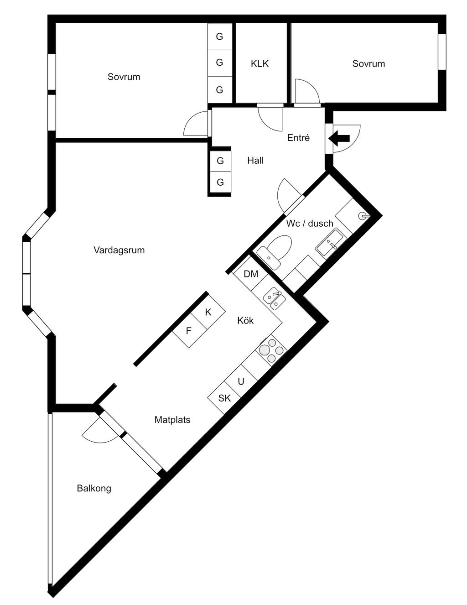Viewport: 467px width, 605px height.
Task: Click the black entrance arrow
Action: [x=339, y=138]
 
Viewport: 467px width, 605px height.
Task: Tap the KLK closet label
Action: [x=259, y=64]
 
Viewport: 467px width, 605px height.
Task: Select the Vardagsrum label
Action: [x=119, y=250]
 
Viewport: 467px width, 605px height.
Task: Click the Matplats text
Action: [x=172, y=420]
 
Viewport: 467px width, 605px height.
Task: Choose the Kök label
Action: [x=245, y=320]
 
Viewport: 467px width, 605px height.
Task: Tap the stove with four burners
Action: [x=271, y=349]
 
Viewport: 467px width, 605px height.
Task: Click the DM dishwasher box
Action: [x=251, y=274]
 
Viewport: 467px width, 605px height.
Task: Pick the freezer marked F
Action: [x=189, y=330]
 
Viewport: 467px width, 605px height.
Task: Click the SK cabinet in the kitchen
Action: [x=224, y=398]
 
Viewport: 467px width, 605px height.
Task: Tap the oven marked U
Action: [x=241, y=381]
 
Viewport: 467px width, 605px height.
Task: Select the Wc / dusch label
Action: [x=310, y=223]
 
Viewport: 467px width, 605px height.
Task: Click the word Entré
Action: [x=298, y=137]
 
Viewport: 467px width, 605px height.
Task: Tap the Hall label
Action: [x=255, y=160]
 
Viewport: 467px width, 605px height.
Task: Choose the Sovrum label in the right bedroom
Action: [x=368, y=64]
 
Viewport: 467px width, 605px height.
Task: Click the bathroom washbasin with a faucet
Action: [x=331, y=243]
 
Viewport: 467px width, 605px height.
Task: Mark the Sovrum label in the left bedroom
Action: [x=124, y=77]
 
